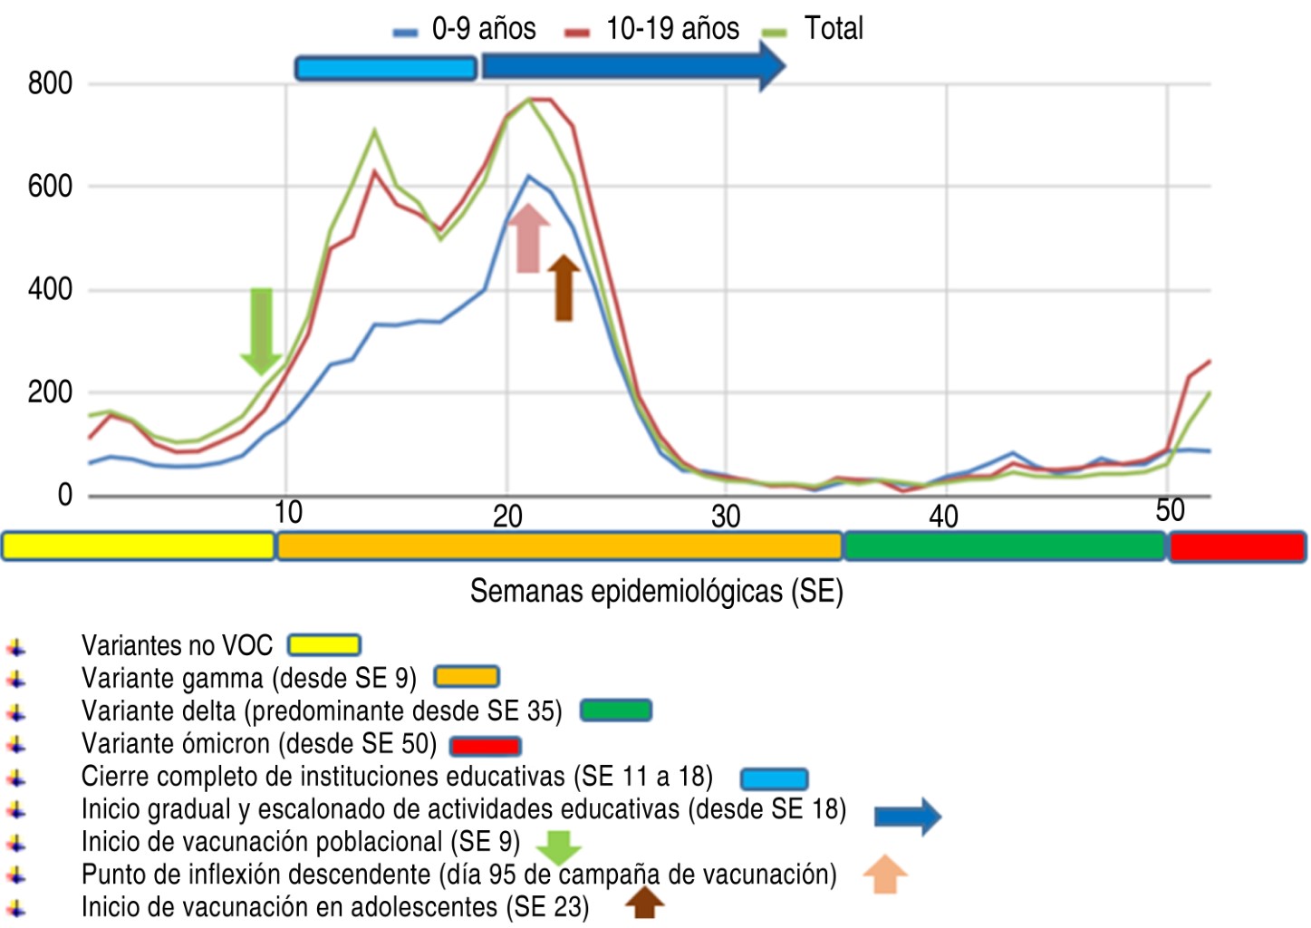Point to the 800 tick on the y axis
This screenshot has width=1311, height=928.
(x=50, y=83)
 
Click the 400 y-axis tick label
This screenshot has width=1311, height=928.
(x=50, y=290)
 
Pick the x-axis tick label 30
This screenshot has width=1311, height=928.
(x=725, y=517)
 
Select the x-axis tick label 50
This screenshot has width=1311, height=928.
(x=1170, y=511)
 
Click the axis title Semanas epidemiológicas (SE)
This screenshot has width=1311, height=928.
(x=656, y=592)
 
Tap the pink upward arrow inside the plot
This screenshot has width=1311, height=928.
(x=528, y=237)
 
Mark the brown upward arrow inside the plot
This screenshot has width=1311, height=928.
(x=564, y=287)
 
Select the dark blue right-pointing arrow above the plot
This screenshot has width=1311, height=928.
(x=632, y=66)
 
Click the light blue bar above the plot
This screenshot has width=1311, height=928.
(x=386, y=68)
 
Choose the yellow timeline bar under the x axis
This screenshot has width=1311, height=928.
(x=138, y=546)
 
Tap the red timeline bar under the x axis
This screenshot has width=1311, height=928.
(x=1237, y=547)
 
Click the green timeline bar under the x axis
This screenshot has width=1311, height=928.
(x=1004, y=546)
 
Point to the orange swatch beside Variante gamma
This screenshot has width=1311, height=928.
(x=466, y=677)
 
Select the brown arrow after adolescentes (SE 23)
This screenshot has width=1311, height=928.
(x=644, y=903)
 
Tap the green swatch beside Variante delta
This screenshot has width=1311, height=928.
(x=615, y=710)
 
